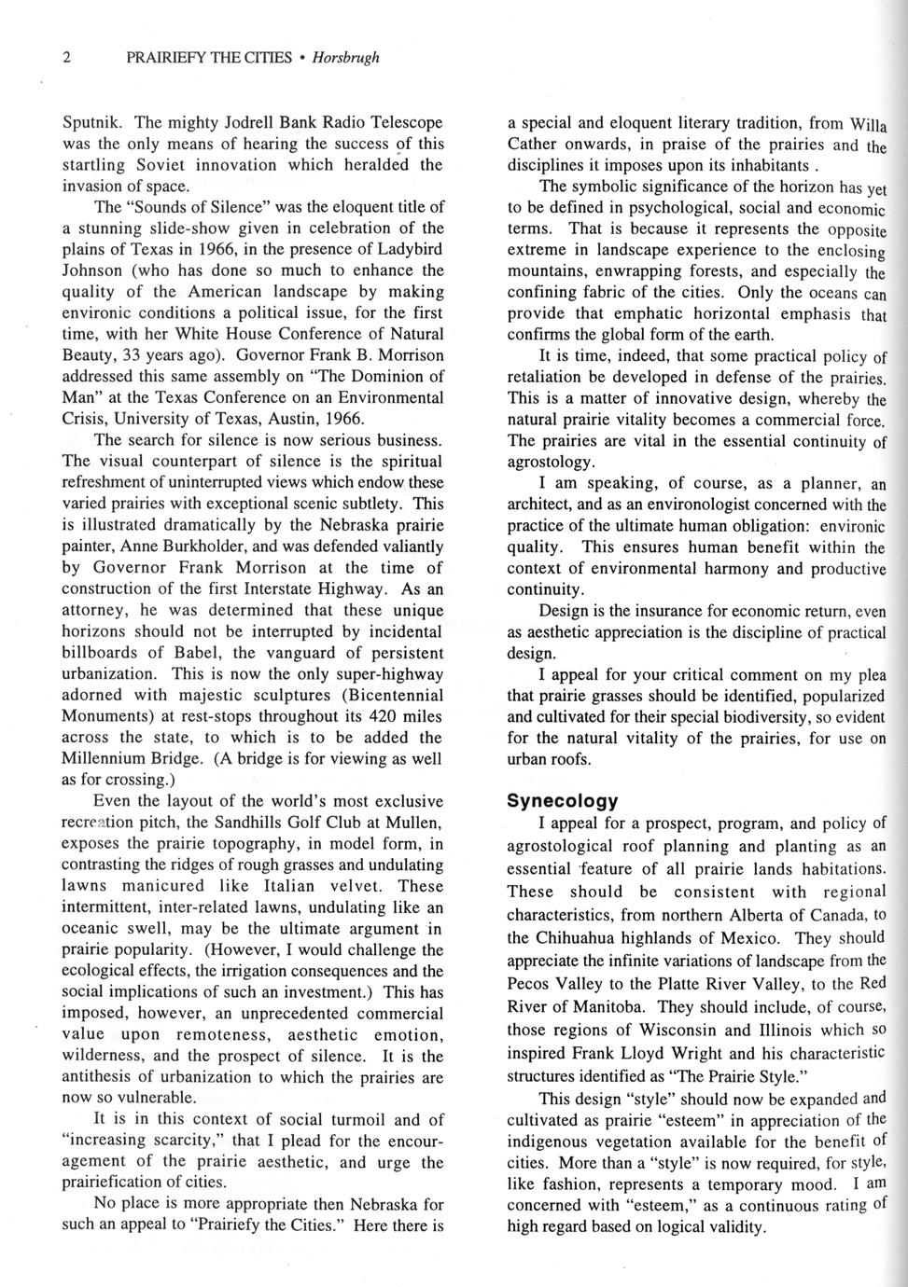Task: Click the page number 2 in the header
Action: tap(66, 58)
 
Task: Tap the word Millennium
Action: tap(105, 758)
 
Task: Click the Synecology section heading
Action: tap(562, 801)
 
